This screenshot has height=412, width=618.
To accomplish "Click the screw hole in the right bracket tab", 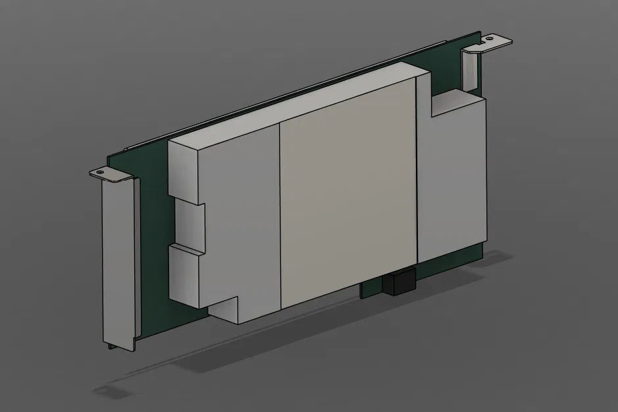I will click(x=490, y=40).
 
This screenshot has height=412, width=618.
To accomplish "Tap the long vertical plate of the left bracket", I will click(x=119, y=264).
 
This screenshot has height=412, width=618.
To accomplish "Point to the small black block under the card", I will click(x=398, y=283).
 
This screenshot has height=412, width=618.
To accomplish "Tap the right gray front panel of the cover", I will click(x=451, y=178).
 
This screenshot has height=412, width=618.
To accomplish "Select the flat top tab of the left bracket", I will click(x=112, y=175).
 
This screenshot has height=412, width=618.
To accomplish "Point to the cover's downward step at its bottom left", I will click(x=224, y=310).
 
